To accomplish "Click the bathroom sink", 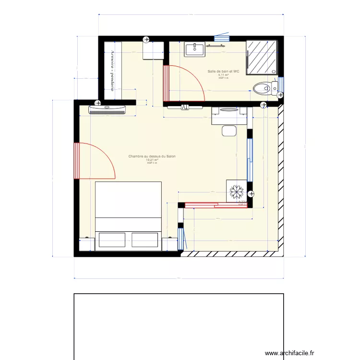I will (194, 48).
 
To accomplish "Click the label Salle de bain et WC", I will (223, 72).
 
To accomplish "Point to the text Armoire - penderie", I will (112, 68).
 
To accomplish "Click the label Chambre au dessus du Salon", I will (152, 156).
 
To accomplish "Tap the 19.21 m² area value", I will (152, 160).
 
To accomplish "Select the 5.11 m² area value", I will (223, 75).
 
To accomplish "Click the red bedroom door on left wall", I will (76, 161).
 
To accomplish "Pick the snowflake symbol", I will (236, 191).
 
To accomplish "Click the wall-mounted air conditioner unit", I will (107, 109).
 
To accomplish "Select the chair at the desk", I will (229, 130).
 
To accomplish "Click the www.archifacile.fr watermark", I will (291, 353).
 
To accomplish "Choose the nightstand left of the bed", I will (84, 244).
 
